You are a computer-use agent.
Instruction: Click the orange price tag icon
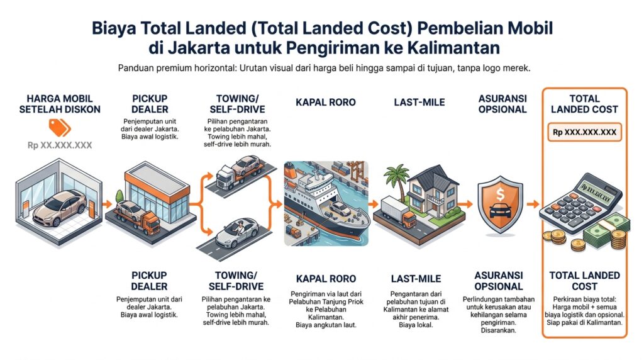(x=60, y=128)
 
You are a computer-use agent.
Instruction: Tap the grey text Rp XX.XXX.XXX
(x=60, y=145)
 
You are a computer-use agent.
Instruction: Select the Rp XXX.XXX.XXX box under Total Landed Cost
(x=584, y=132)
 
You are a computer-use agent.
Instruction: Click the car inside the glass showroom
(x=60, y=208)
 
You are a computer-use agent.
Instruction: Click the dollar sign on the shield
(x=500, y=194)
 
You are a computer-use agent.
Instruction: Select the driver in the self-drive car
(x=240, y=227)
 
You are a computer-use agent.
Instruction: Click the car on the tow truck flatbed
(x=246, y=165)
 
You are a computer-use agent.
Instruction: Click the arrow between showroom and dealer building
(x=107, y=205)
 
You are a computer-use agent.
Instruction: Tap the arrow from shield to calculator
(x=533, y=204)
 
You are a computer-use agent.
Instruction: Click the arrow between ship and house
(x=374, y=204)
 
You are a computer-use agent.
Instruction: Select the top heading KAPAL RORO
(x=326, y=103)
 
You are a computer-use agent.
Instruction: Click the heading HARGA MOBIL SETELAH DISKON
(x=60, y=104)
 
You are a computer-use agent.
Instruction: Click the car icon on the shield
(x=500, y=211)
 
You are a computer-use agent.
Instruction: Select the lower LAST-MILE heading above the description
(x=416, y=279)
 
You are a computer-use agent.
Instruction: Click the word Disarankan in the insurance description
(x=499, y=330)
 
